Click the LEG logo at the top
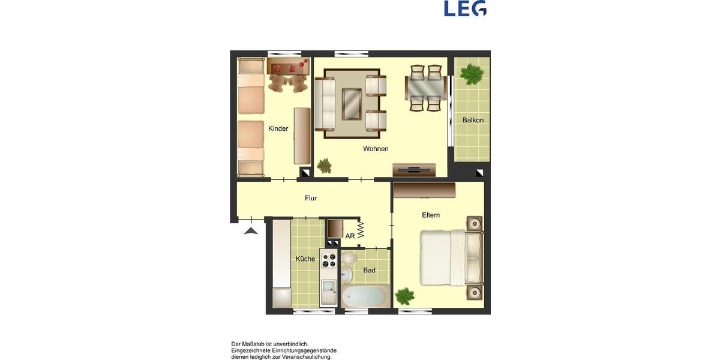[465, 8]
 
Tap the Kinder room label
[278, 128]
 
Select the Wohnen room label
[376, 149]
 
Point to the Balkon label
[473, 120]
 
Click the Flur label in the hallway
[311, 198]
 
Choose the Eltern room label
[431, 215]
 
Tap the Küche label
[305, 259]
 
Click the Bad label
[370, 271]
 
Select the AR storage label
[350, 236]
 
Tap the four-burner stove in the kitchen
[329, 260]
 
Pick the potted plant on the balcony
[472, 74]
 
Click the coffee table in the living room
[352, 103]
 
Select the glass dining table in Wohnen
[425, 88]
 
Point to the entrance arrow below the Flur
[251, 230]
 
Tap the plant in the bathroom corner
[405, 296]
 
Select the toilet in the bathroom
[349, 259]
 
